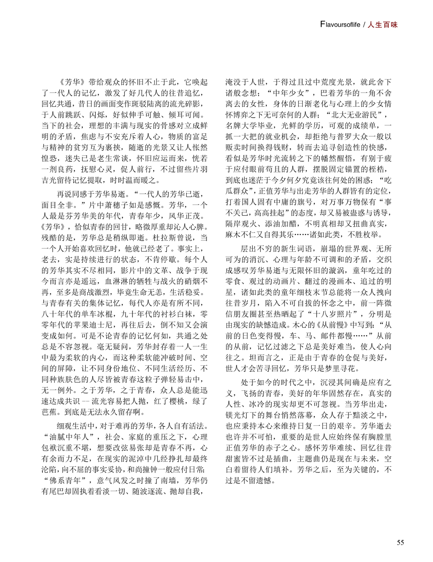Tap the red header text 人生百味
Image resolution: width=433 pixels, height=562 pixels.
pyautogui.click(x=383, y=25)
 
